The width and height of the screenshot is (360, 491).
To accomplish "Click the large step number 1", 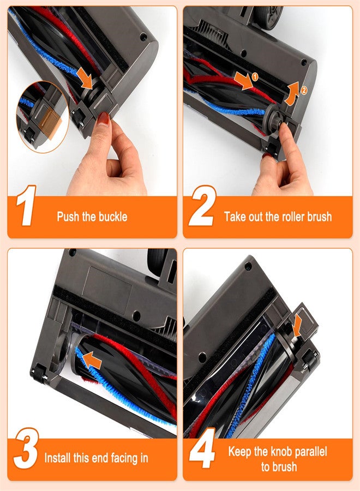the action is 26,206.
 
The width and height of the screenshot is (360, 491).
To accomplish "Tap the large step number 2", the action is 203,206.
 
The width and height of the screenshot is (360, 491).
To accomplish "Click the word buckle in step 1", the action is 113,217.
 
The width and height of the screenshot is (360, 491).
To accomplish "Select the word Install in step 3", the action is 58,458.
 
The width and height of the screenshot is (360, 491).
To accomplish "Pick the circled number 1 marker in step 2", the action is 255,76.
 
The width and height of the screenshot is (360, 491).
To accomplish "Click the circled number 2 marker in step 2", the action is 304,90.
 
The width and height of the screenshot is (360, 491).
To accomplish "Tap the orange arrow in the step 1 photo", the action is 86,77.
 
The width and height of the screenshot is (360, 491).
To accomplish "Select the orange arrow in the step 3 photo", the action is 92,360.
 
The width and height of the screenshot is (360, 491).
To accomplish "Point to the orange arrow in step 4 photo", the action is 297,326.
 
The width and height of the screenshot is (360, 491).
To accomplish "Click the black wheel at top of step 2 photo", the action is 268,16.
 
